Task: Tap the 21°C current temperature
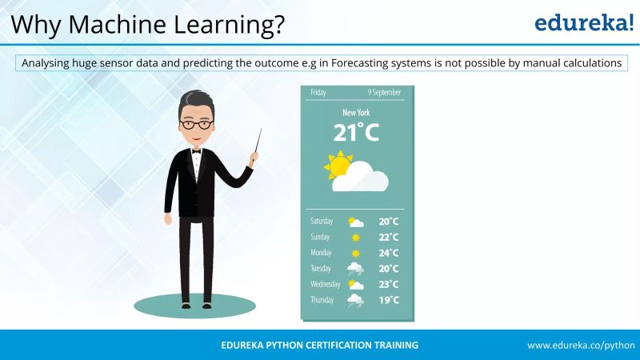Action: tap(356, 132)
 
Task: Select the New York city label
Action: tap(356, 113)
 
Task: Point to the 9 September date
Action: tap(384, 93)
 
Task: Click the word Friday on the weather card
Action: tap(318, 93)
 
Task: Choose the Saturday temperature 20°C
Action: tap(389, 222)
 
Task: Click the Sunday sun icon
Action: tap(355, 238)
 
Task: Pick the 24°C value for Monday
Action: tap(389, 253)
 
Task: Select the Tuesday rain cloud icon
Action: tap(355, 269)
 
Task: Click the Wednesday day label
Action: tap(326, 284)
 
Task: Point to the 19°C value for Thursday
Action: tap(389, 300)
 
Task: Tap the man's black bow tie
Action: tap(196, 150)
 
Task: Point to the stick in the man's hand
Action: tap(257, 143)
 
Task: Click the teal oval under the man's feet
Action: tap(195, 306)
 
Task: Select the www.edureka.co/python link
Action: tap(580, 345)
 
